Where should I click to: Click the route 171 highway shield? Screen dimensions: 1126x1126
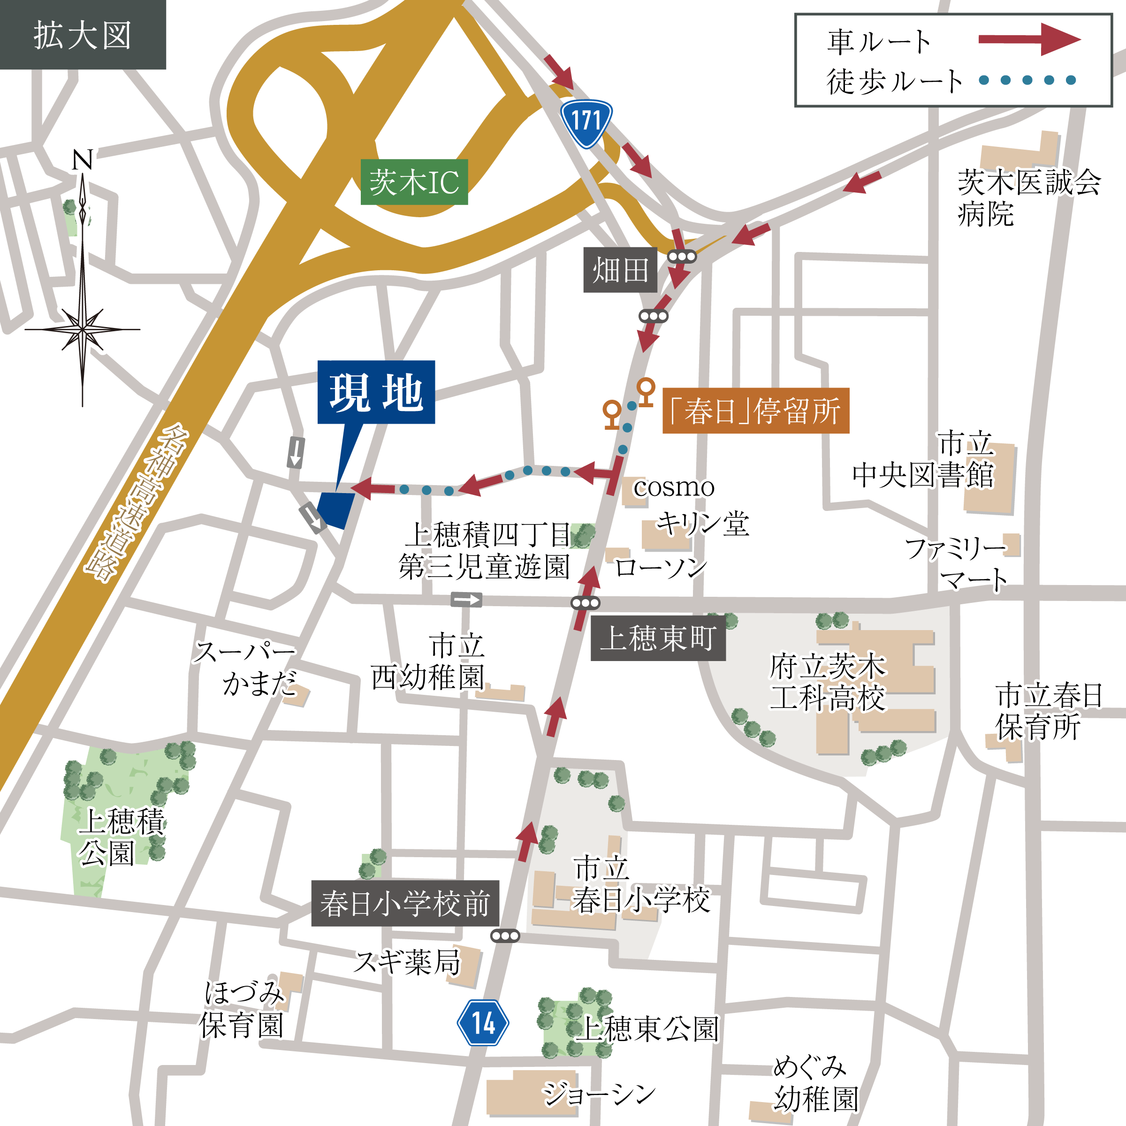(x=586, y=122)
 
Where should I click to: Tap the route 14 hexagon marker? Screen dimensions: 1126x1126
(x=483, y=1023)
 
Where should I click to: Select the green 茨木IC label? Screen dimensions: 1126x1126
(x=414, y=182)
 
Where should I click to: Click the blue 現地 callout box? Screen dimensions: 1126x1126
(x=376, y=392)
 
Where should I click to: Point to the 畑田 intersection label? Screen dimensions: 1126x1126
(x=620, y=270)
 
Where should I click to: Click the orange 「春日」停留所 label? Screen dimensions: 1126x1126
(x=755, y=411)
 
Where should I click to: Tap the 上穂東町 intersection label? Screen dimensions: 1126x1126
(x=657, y=638)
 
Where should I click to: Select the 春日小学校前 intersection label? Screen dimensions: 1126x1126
(x=404, y=903)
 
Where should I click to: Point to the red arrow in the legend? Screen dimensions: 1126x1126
(x=1029, y=39)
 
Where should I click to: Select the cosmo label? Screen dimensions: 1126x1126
(x=674, y=487)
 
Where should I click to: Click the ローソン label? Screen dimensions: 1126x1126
(x=660, y=566)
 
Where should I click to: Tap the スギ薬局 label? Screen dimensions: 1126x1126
(x=408, y=962)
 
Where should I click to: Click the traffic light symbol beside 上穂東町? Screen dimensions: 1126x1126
(x=585, y=603)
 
